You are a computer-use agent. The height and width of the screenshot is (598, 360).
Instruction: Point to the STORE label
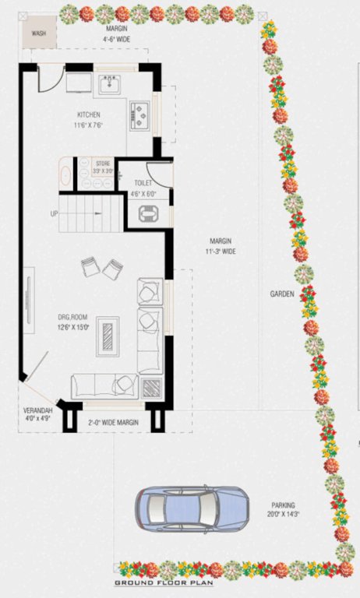click(x=103, y=164)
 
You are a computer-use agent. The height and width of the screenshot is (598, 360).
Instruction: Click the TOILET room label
click(x=143, y=184)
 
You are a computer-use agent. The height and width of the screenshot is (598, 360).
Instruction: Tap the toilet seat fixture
click(x=146, y=213)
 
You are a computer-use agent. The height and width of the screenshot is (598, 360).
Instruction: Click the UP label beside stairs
click(x=54, y=213)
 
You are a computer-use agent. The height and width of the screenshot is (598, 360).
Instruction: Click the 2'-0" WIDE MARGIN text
click(x=114, y=421)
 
